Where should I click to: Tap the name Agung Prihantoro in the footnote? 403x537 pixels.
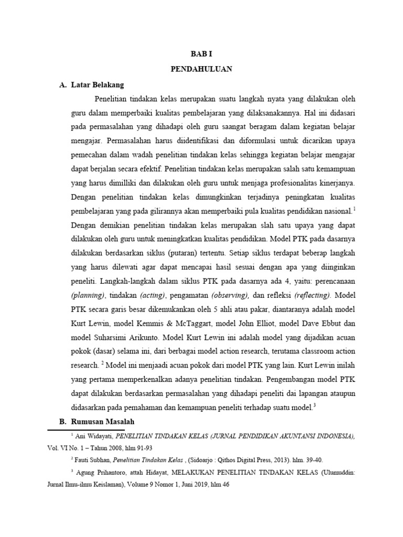tap(102, 472)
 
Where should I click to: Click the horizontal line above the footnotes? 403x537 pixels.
tap(93, 429)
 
